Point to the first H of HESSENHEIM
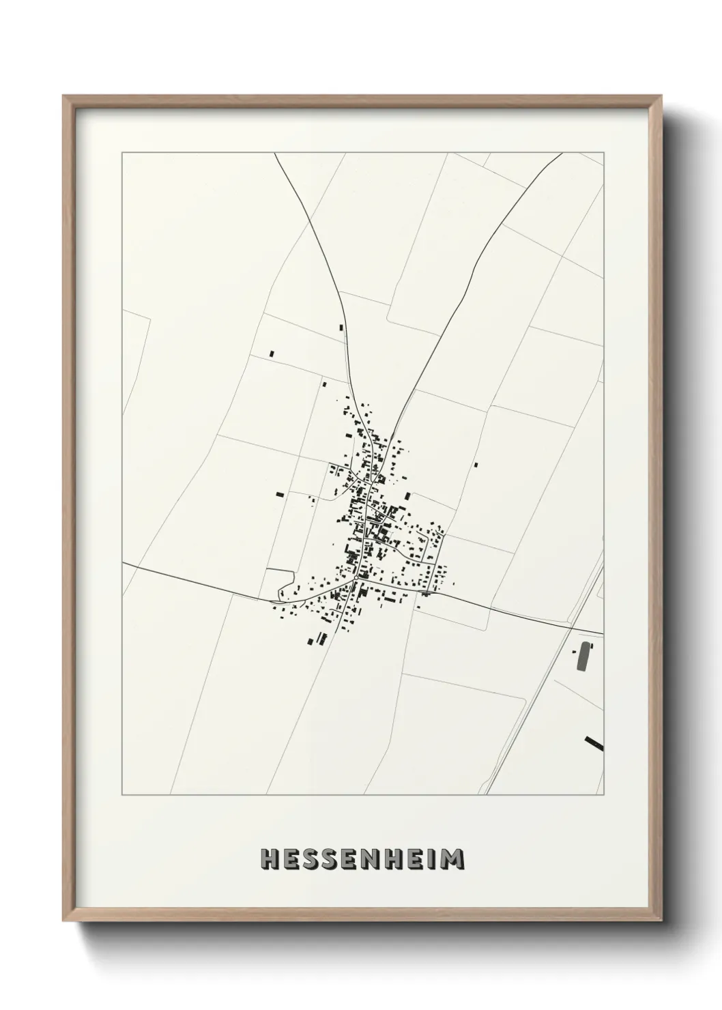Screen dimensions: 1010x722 click(x=271, y=858)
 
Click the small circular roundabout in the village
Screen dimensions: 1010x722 click(x=356, y=578)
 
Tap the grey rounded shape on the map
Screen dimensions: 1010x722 click(x=583, y=656)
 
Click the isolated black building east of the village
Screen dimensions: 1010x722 click(x=476, y=465)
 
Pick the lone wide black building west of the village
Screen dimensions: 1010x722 click(x=278, y=494)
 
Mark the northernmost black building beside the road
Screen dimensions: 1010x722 click(x=341, y=328)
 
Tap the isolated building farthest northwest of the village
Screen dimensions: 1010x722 click(x=272, y=353)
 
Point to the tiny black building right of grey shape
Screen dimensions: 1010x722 click(x=592, y=646)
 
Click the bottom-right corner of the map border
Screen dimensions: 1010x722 click(x=603, y=794)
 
